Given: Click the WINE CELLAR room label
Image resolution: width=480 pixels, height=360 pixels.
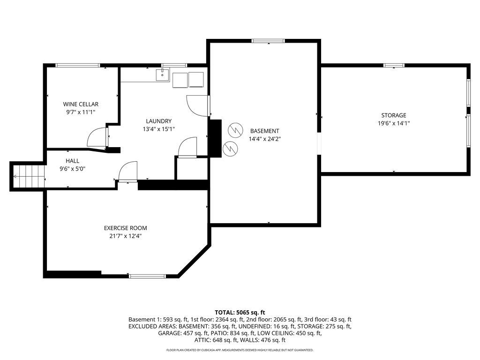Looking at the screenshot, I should [x=81, y=104].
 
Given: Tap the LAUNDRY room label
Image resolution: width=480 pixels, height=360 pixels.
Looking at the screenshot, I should [x=158, y=121].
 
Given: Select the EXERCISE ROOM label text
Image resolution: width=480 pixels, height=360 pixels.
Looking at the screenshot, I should [x=122, y=228].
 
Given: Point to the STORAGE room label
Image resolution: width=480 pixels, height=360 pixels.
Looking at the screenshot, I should [x=393, y=115].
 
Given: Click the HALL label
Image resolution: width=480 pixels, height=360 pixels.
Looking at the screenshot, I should [x=72, y=161].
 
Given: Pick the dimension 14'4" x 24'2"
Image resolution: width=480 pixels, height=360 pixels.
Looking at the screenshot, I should [x=264, y=139].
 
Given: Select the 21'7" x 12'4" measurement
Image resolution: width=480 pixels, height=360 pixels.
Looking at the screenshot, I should [x=122, y=236].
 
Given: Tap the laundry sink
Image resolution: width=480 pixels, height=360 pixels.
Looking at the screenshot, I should [x=162, y=75].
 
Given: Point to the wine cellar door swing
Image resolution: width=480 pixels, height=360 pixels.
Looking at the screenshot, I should [x=97, y=137].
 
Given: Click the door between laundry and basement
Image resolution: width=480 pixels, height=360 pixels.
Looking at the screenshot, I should [x=197, y=105].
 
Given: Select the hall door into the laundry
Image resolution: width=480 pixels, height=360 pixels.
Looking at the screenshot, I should [x=127, y=172].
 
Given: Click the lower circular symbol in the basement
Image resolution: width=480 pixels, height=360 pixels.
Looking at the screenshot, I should [x=230, y=148].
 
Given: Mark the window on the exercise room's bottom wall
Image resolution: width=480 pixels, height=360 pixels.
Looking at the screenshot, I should [x=148, y=276].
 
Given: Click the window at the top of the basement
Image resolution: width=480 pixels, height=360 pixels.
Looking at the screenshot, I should [x=268, y=41].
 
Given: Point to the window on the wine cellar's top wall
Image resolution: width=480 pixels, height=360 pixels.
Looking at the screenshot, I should [x=78, y=65].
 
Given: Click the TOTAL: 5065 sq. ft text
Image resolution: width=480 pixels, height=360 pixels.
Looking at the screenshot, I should [x=240, y=312].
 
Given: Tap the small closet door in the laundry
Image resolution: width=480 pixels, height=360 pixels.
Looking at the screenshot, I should [x=188, y=147].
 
